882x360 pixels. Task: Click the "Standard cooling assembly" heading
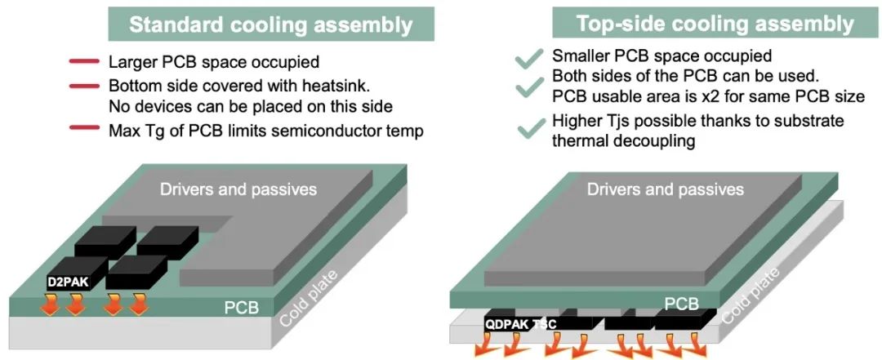(270, 24)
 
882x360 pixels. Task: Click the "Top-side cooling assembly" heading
(715, 24)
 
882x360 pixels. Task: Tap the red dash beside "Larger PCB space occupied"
(84, 62)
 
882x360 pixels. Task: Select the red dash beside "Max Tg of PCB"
(84, 127)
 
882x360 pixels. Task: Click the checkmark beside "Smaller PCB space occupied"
(530, 57)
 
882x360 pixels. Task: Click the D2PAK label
(68, 282)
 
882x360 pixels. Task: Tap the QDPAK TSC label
(519, 324)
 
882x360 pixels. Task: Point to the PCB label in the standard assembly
(241, 308)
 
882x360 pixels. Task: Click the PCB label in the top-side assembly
(681, 304)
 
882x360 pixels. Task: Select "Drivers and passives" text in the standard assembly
(238, 189)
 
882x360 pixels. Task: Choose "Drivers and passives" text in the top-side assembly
(666, 189)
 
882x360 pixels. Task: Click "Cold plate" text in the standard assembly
(309, 298)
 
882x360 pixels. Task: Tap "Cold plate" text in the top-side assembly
(751, 295)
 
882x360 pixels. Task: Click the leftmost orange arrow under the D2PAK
(50, 304)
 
